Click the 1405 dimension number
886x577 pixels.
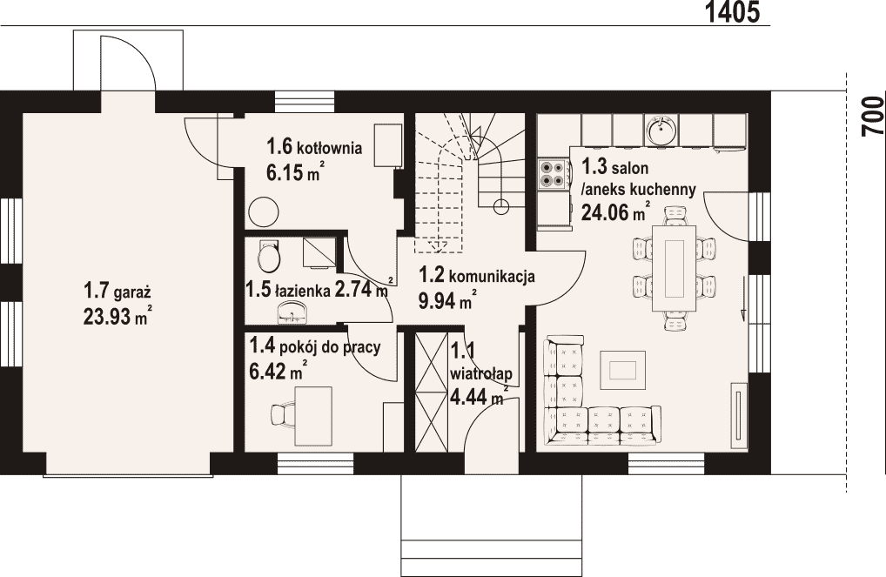pyautogui.click(x=732, y=12)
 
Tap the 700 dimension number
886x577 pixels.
pyautogui.click(x=873, y=116)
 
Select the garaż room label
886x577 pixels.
pyautogui.click(x=133, y=294)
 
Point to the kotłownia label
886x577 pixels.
pyautogui.click(x=330, y=148)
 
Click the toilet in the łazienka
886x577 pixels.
pyautogui.click(x=268, y=256)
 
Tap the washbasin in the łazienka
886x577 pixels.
pyautogui.click(x=292, y=312)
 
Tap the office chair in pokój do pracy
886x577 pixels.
pyautogui.click(x=281, y=414)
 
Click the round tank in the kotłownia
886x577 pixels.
pyautogui.click(x=264, y=212)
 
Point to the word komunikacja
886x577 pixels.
pyautogui.click(x=493, y=277)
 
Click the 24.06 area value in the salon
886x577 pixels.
pyautogui.click(x=605, y=212)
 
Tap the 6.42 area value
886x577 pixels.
pyautogui.click(x=267, y=372)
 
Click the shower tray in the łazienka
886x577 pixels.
pyautogui.click(x=319, y=252)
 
